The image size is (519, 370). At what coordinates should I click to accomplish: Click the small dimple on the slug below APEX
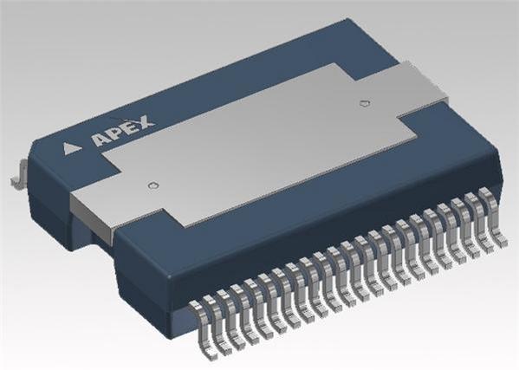[x=153, y=185]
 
